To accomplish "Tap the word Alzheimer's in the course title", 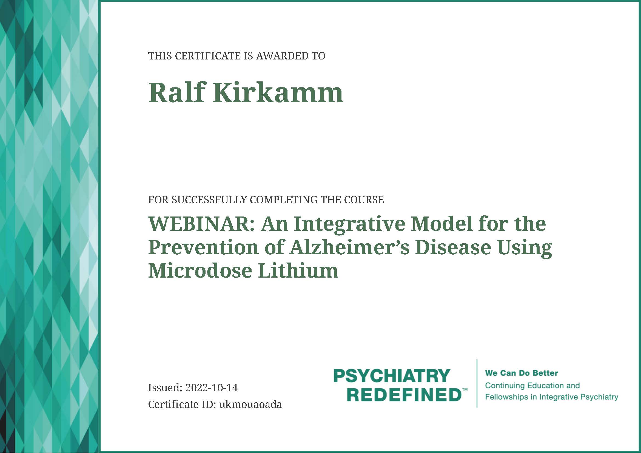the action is [349, 247].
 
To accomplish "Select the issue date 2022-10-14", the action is [212, 388].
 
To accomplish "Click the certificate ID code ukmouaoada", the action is [250, 404].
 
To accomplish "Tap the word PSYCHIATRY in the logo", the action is [392, 376].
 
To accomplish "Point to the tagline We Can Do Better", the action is [522, 373].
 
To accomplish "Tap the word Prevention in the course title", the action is [204, 247].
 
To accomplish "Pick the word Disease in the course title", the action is [453, 247].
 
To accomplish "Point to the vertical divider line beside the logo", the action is [477, 383].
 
